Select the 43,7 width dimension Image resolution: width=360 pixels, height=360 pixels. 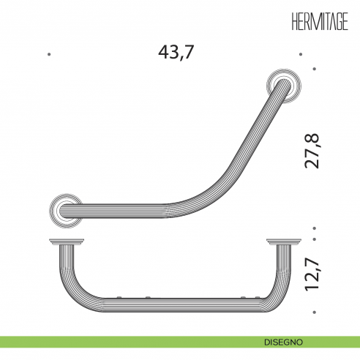[179, 53]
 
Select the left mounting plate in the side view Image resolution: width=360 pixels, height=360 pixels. [64, 241]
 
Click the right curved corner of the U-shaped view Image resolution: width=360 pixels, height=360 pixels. [273, 287]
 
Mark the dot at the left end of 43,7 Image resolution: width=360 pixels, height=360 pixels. [48, 53]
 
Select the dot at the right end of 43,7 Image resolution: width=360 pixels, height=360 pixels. [301, 53]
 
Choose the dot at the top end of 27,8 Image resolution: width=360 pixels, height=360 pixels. [315, 69]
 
